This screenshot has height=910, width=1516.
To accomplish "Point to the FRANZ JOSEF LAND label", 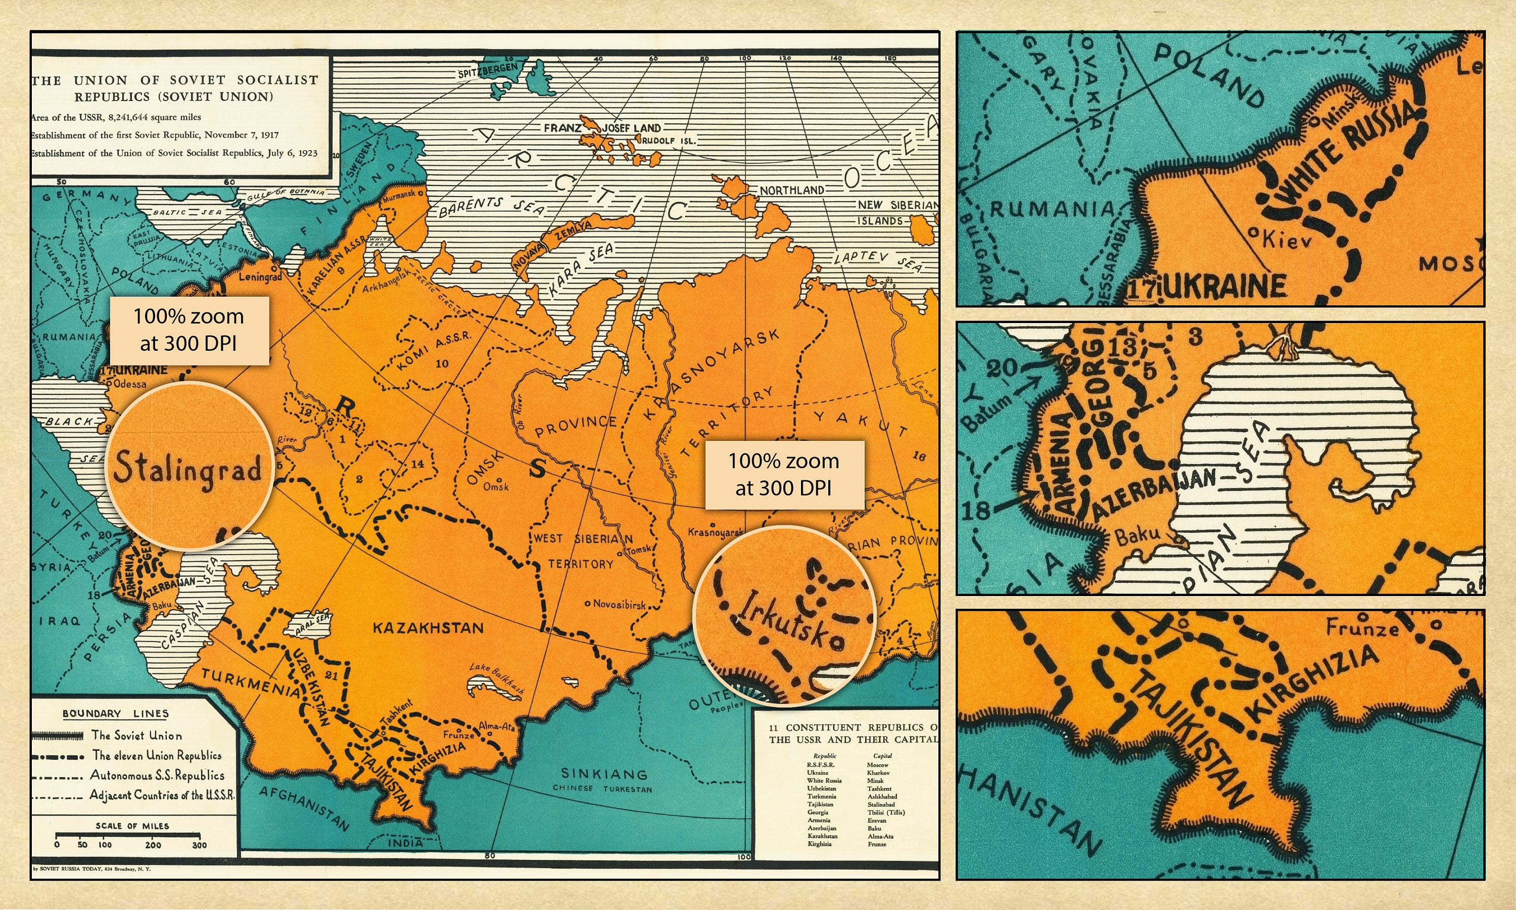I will [x=602, y=127].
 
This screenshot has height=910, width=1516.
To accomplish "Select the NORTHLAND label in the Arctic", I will [x=792, y=190].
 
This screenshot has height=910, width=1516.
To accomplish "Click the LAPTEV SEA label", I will [x=877, y=260].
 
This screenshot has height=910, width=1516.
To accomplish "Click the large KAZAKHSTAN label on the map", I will [x=428, y=628].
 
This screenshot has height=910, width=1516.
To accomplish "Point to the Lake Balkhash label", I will [x=497, y=677].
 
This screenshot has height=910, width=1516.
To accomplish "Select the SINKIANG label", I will [x=603, y=774].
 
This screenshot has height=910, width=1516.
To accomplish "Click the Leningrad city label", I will [x=260, y=277].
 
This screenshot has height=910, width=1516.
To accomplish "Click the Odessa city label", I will [x=130, y=384].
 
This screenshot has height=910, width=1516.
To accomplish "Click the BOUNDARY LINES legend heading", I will [x=115, y=713].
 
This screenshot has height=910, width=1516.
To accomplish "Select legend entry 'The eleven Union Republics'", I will [x=156, y=755].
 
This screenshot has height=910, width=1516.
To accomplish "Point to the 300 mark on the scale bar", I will [x=199, y=844].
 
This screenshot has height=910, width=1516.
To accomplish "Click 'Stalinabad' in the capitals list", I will [x=881, y=804].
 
